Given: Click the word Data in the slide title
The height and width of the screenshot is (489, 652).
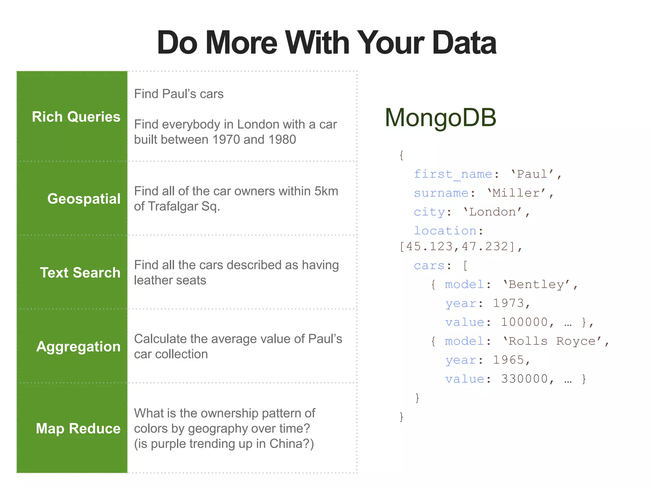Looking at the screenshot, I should pos(464,43).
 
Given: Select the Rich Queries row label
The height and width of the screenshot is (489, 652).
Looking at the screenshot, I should pos(76,117).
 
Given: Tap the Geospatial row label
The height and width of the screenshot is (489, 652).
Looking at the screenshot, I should pos(84,199).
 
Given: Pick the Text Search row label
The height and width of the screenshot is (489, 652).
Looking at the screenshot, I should pos(80,273).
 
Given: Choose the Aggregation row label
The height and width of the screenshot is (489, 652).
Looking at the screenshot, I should pos(78,346).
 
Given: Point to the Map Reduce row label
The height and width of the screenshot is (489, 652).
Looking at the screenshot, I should pos(78,429).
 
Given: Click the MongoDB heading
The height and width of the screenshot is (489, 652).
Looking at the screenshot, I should pos(440,117).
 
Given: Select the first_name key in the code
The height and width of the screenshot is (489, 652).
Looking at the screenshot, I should pos(453,174).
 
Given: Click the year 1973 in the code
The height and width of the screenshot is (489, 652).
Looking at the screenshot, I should pos(508,303).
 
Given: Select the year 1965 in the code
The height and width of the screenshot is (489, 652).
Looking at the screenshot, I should pos(508,360).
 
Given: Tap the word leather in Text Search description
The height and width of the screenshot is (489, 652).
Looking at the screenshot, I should pos(152,280).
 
